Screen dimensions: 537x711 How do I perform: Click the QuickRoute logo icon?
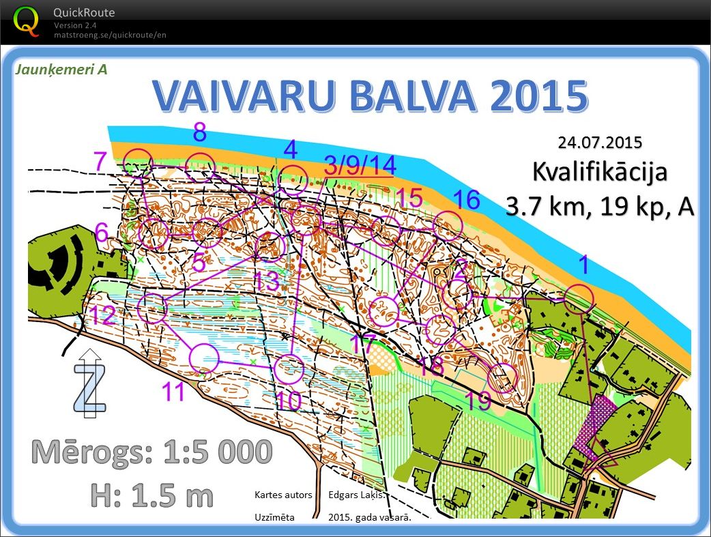(27, 20)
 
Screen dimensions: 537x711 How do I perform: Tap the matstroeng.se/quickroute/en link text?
(110, 35)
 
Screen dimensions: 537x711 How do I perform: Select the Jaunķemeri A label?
(61, 69)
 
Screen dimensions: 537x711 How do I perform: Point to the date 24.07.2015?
(600, 143)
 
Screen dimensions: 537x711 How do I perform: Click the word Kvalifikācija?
(600, 171)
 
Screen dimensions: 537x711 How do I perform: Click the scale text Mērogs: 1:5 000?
(152, 452)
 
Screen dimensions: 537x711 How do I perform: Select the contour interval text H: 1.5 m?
(152, 495)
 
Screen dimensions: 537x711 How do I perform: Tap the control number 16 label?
(467, 200)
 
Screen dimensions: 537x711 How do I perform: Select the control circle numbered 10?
(289, 368)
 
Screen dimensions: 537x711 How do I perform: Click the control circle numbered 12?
(153, 308)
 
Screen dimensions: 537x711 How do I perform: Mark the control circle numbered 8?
(201, 166)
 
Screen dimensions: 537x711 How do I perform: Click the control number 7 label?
(100, 162)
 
